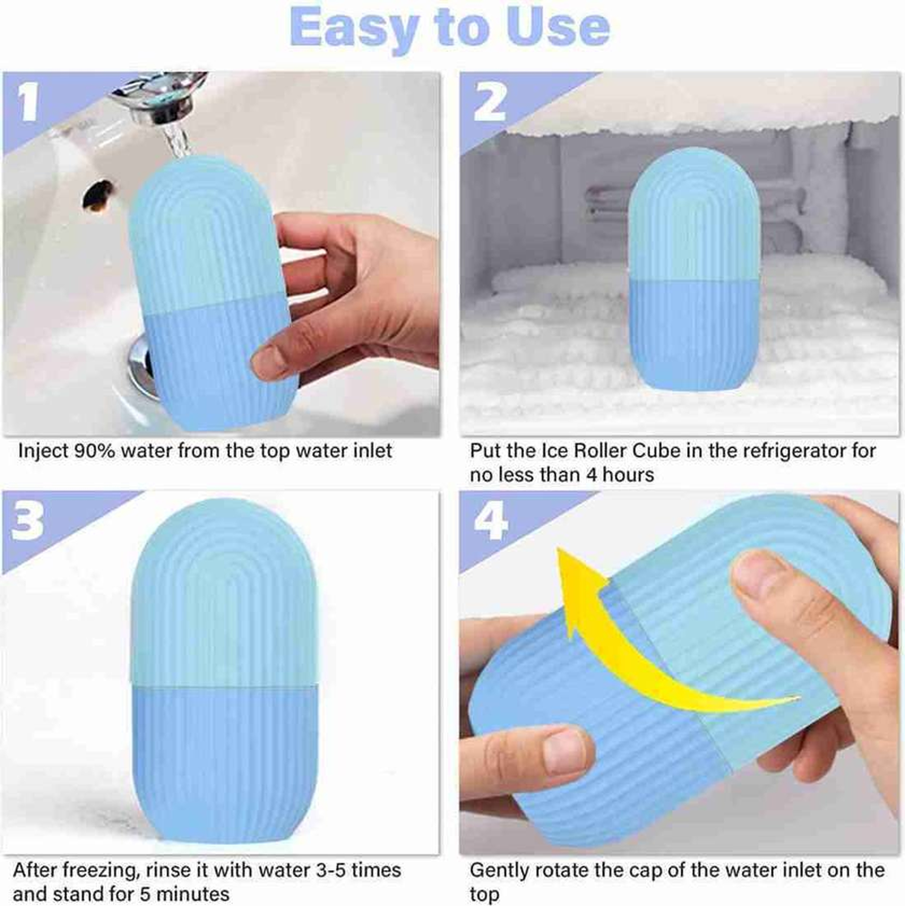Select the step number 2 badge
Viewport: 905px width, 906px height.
coord(490,103)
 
